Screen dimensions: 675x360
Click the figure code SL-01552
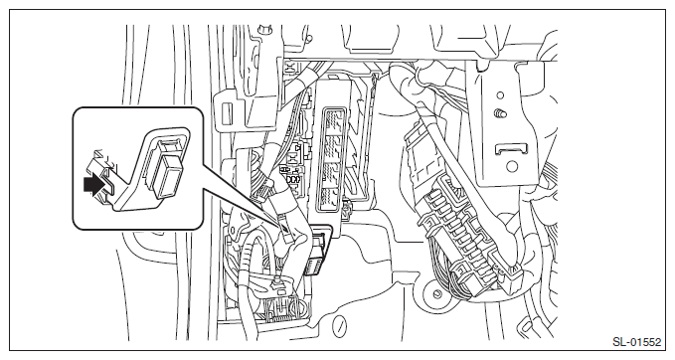(636, 342)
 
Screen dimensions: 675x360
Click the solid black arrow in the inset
(94, 185)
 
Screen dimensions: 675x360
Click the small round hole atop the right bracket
(500, 95)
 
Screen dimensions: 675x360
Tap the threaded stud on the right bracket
(500, 114)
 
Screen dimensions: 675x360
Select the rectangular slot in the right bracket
(511, 149)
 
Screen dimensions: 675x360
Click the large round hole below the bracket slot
(511, 166)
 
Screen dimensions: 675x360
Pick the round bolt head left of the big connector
(437, 294)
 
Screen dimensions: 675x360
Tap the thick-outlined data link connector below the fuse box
(318, 250)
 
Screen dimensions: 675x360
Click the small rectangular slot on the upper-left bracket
(226, 113)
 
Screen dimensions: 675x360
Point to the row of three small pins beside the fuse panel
(293, 179)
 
